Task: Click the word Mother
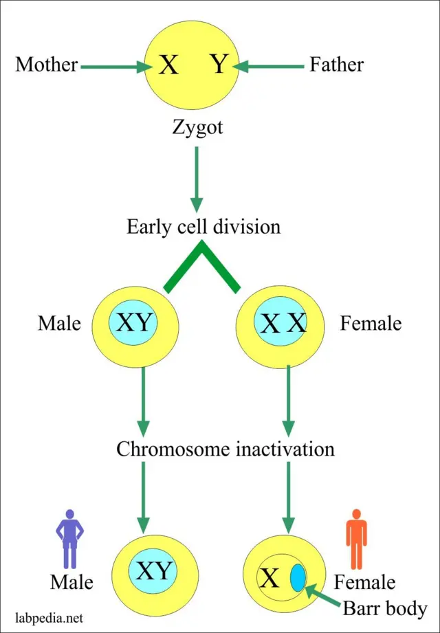click(46, 65)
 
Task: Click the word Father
click(336, 65)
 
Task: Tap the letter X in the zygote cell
click(168, 65)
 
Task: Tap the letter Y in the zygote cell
click(218, 65)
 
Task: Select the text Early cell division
click(203, 227)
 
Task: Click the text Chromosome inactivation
click(225, 449)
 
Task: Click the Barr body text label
click(385, 608)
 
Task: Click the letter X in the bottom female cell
click(269, 579)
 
